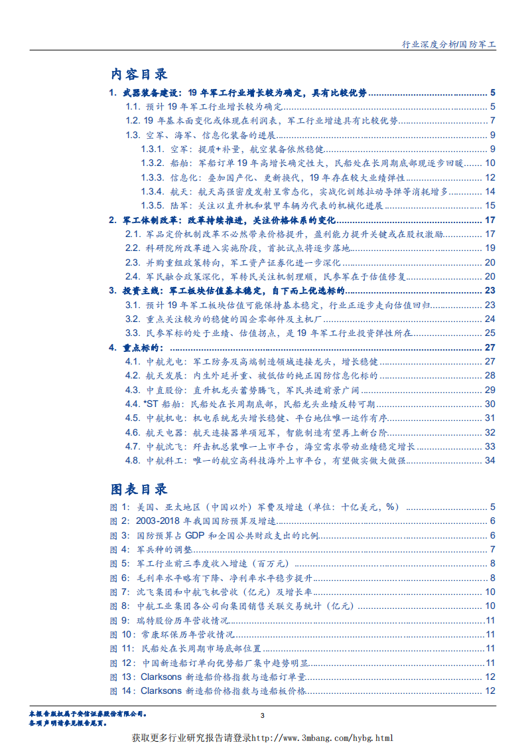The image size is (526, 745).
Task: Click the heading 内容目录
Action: (139, 74)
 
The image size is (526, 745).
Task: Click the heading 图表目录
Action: (139, 489)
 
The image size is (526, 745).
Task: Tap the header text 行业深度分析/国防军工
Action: (450, 44)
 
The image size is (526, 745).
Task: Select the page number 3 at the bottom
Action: (263, 715)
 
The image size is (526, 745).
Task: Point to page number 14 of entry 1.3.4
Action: (490, 192)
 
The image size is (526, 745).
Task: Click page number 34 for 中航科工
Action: (490, 461)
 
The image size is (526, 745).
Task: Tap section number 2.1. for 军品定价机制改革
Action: (133, 234)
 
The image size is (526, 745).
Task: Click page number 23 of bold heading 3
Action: (490, 291)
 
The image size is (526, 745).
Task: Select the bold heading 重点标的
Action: (147, 348)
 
